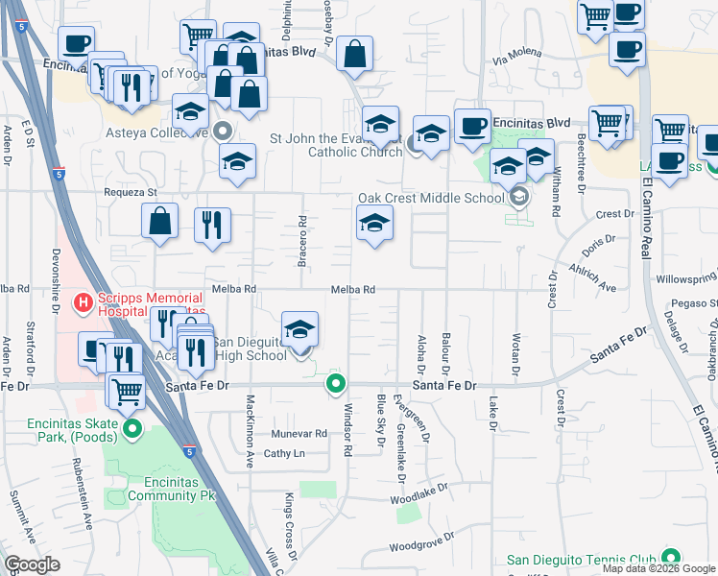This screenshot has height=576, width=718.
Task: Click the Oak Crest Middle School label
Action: (431, 198)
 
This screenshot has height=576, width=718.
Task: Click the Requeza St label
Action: (131, 192)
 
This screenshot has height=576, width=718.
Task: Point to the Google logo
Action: (33, 564)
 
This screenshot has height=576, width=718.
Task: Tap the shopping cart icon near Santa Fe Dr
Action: (127, 391)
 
